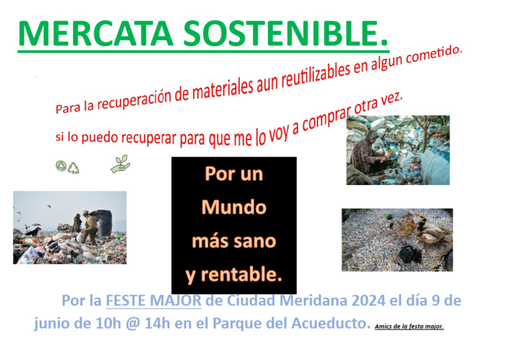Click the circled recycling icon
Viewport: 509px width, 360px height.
tap(60, 167)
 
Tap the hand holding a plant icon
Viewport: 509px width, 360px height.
tap(120, 164)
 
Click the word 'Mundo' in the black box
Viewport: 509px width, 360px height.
tap(233, 208)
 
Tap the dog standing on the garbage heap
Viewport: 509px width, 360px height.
tap(32, 230)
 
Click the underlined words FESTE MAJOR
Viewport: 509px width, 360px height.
tap(153, 300)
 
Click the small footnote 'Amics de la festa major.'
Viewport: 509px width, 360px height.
tap(409, 326)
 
